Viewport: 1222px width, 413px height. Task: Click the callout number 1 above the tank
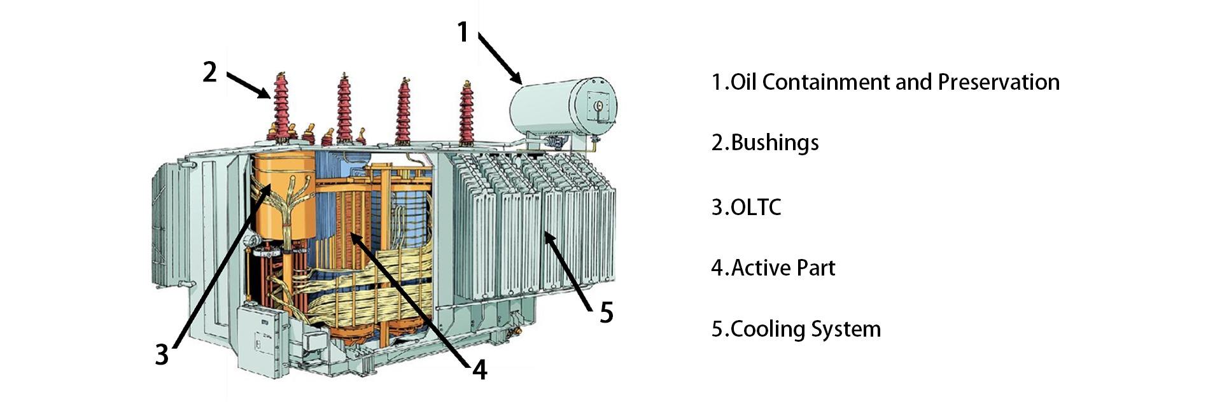[x=463, y=32]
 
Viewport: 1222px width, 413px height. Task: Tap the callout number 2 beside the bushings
[x=210, y=72]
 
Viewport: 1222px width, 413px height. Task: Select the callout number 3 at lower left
[x=162, y=354]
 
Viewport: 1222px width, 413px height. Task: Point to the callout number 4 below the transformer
[x=479, y=368]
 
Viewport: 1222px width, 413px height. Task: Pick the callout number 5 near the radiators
[x=606, y=312]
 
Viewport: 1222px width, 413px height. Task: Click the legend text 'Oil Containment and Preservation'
[x=894, y=82]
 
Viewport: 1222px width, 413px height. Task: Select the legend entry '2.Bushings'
[x=764, y=142]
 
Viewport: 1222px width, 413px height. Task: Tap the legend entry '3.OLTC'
[x=746, y=207]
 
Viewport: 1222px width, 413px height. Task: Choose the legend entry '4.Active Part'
[x=773, y=268]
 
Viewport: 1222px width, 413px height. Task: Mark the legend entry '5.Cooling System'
[x=796, y=329]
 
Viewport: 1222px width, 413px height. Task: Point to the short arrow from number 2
[x=248, y=85]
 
